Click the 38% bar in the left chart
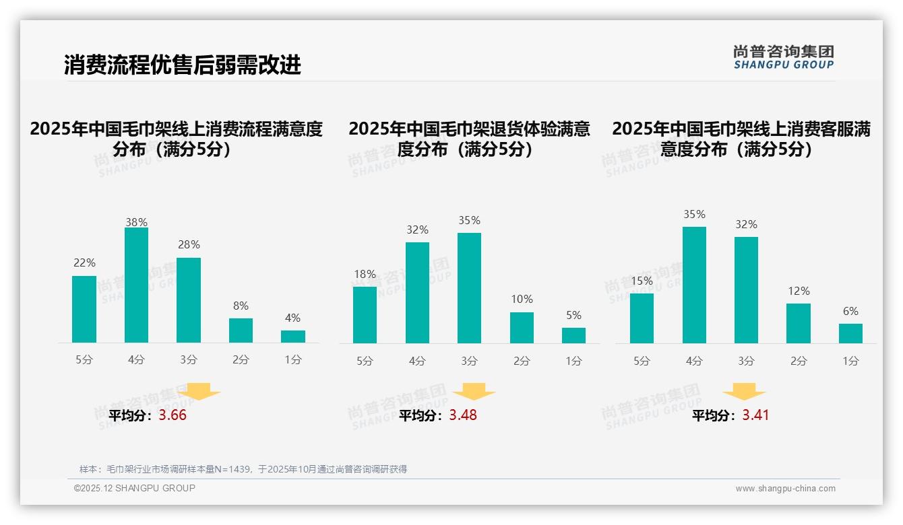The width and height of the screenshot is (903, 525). (136, 285)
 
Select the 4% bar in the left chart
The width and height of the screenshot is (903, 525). (293, 337)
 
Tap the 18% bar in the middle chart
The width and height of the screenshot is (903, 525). (365, 315)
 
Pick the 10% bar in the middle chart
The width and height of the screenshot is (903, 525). (522, 328)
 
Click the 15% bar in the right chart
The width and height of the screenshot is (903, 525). (642, 318)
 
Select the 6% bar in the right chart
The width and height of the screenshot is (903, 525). (850, 334)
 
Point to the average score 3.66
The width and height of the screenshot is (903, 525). (173, 415)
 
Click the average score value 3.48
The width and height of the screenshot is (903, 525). (463, 415)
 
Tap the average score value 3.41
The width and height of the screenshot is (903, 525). (755, 415)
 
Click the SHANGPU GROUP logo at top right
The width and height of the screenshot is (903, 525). (784, 57)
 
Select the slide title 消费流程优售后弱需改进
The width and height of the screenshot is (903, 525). (183, 65)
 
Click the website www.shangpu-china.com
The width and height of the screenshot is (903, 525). (785, 489)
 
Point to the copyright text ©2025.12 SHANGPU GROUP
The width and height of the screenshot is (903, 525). (135, 488)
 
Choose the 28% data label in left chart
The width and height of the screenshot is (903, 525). (189, 245)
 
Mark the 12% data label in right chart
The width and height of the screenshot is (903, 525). (799, 291)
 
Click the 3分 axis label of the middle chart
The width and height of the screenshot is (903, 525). (469, 361)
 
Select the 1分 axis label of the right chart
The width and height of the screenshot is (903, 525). (850, 361)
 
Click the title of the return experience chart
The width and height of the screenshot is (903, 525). (469, 139)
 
